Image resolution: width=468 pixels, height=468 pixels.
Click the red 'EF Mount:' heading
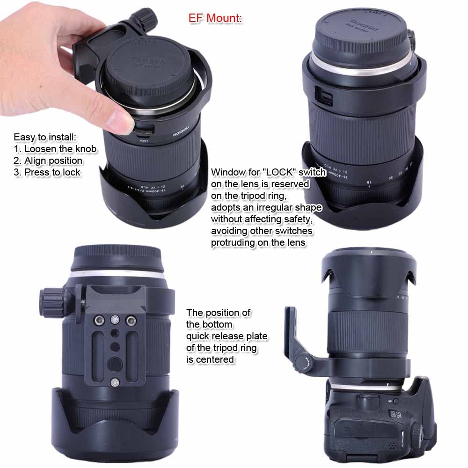pyautogui.click(x=215, y=19)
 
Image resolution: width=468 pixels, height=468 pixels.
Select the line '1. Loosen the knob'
pyautogui.click(x=55, y=149)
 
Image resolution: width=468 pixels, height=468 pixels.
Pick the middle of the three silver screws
pyautogui.click(x=114, y=320)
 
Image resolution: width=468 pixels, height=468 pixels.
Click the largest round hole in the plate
pyautogui.click(x=114, y=363)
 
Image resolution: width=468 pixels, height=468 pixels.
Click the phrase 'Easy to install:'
pyautogui.click(x=44, y=137)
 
